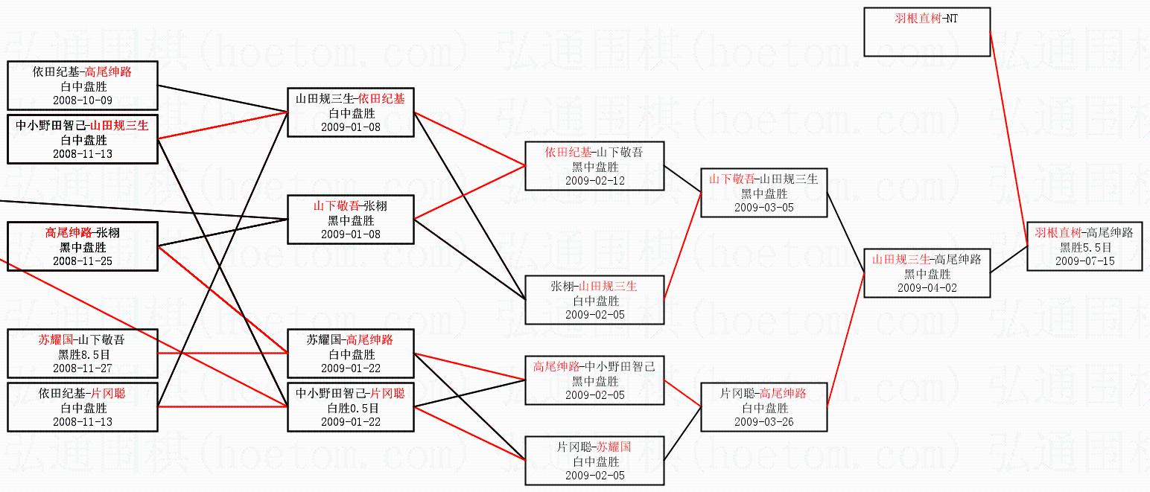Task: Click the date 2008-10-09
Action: coord(82,100)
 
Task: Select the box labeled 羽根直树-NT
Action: coord(927,32)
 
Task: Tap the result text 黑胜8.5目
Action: coord(82,354)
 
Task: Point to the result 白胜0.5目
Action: coord(350,408)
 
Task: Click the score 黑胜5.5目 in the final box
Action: coord(1085,247)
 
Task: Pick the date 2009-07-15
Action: coord(1085,261)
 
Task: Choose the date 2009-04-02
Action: coord(927,287)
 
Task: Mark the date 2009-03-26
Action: coord(763,421)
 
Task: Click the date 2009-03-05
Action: coord(763,207)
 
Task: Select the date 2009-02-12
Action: coord(594,180)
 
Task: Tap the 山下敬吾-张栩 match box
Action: coord(350,220)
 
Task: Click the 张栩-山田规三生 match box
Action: coord(594,300)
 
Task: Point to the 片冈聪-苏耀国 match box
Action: coord(594,461)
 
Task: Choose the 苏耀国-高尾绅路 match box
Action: coord(350,354)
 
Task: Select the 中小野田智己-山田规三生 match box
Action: coord(82,139)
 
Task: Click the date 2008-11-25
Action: coord(82,261)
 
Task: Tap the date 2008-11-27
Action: coord(82,368)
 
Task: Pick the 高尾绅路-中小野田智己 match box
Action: coord(594,380)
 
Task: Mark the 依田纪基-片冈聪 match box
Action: coord(82,407)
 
